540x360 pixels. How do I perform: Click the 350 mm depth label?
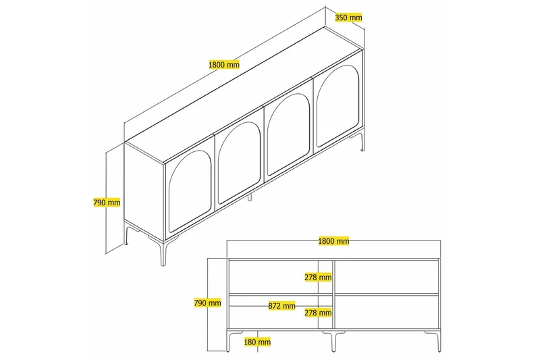pyautogui.click(x=348, y=18)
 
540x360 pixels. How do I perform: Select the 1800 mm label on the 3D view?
pyautogui.click(x=224, y=65)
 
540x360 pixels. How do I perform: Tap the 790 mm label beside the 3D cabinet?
pyautogui.click(x=106, y=202)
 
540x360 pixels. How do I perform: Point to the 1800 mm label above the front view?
pyautogui.click(x=333, y=241)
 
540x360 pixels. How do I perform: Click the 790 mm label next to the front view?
pyautogui.click(x=207, y=303)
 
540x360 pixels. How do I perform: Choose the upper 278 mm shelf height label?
pyautogui.click(x=318, y=277)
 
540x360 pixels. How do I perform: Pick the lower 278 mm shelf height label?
pyautogui.click(x=318, y=313)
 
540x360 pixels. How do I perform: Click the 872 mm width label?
pyautogui.click(x=281, y=306)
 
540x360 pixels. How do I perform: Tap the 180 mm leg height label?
pyautogui.click(x=256, y=342)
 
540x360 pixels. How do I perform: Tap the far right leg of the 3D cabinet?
pyautogui.click(x=363, y=140)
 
